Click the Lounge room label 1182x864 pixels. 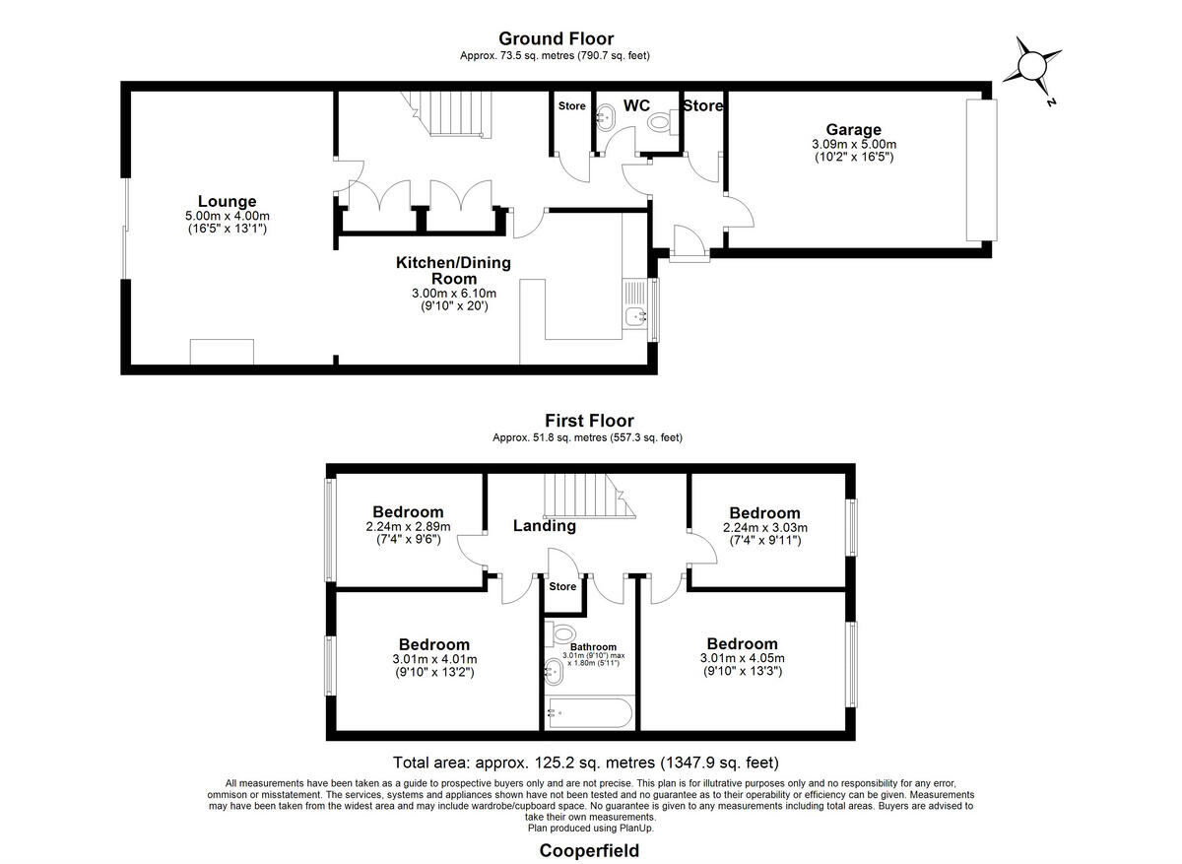[227, 201]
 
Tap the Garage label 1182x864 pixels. [853, 130]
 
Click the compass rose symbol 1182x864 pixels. [1031, 67]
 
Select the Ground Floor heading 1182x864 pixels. [556, 38]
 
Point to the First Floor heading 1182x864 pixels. [589, 421]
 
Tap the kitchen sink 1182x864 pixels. [635, 316]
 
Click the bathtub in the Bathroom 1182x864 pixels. [590, 713]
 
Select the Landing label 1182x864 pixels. [544, 526]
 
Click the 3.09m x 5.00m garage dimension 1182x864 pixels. [854, 144]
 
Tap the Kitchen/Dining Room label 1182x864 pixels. [453, 270]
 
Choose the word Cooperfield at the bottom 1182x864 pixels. [589, 851]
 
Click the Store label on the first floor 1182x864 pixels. [562, 586]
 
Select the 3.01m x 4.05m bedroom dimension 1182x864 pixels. [743, 658]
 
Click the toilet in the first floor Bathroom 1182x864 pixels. [560, 633]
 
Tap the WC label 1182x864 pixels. [636, 105]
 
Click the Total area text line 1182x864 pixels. [586, 763]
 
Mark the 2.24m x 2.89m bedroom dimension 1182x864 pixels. [408, 527]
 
